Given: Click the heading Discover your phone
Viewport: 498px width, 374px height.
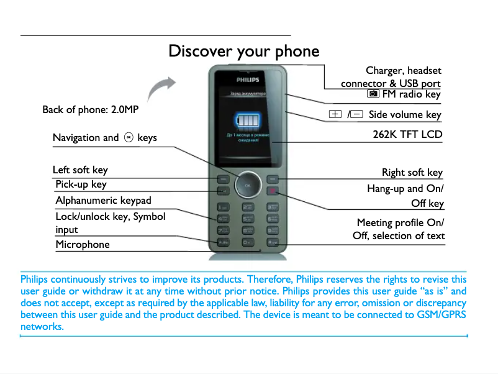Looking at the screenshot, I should pyautogui.click(x=243, y=51).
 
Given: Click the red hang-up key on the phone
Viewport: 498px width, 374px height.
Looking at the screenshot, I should pyautogui.click(x=273, y=191).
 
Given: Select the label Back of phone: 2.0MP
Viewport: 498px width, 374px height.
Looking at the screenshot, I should pyautogui.click(x=90, y=110).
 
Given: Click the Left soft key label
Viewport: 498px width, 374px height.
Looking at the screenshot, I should pyautogui.click(x=80, y=170).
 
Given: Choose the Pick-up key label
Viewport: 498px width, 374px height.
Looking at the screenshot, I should pyautogui.click(x=81, y=185).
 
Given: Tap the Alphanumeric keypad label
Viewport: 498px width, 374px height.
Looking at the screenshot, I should pyautogui.click(x=103, y=200).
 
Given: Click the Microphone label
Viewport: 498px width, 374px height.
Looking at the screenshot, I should pyautogui.click(x=83, y=244).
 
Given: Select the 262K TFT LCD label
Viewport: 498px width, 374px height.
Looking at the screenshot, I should pyautogui.click(x=407, y=134).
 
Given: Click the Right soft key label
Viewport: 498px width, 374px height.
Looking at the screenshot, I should pyautogui.click(x=412, y=172).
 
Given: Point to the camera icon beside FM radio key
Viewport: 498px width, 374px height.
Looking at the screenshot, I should pyautogui.click(x=373, y=94).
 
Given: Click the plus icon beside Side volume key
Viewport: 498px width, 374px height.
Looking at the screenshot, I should pyautogui.click(x=335, y=114).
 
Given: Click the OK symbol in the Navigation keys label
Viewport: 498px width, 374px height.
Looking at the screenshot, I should pyautogui.click(x=128, y=137).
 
